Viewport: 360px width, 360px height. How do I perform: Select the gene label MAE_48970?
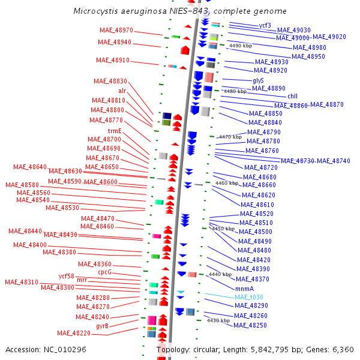(x=115, y=31)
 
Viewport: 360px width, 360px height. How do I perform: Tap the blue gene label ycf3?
(x=265, y=26)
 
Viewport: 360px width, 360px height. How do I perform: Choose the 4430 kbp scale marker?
(x=218, y=320)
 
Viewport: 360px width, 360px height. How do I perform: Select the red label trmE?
(x=115, y=131)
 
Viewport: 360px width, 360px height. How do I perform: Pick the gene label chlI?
(x=292, y=96)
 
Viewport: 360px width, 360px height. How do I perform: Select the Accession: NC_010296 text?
(x=46, y=349)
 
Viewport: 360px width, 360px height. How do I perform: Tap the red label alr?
(x=122, y=91)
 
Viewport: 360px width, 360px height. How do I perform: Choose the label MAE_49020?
(x=329, y=37)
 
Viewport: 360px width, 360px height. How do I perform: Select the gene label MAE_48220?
(x=74, y=334)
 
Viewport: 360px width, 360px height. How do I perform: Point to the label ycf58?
(x=66, y=276)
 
